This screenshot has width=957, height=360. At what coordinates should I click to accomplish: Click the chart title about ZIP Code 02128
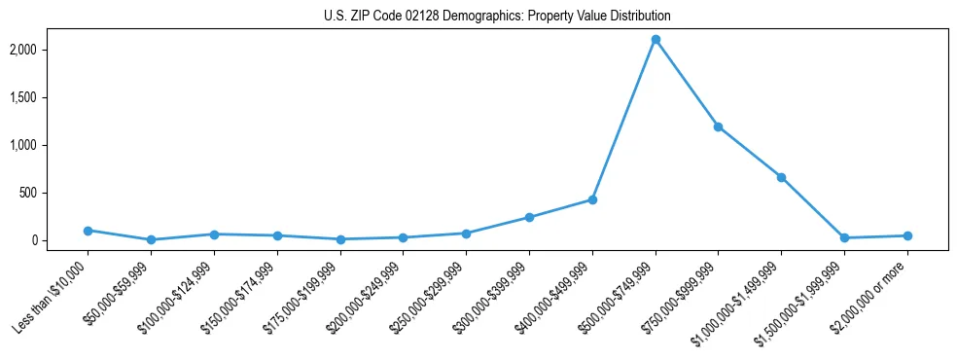point(497,17)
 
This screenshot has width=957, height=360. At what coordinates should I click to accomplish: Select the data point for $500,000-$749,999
point(656,40)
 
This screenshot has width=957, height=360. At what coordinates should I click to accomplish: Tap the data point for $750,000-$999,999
point(718,126)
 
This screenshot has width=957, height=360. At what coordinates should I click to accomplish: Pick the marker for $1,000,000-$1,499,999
point(781,177)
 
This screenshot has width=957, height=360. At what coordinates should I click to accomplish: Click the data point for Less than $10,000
point(88,231)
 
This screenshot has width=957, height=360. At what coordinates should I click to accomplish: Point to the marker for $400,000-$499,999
point(592,199)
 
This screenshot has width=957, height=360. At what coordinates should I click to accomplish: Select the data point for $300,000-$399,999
point(529,217)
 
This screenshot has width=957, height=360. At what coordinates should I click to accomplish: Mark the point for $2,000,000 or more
point(907,235)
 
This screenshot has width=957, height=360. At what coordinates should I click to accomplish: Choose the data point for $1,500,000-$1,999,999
point(844,237)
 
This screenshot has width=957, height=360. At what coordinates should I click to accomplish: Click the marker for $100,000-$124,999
point(214,234)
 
